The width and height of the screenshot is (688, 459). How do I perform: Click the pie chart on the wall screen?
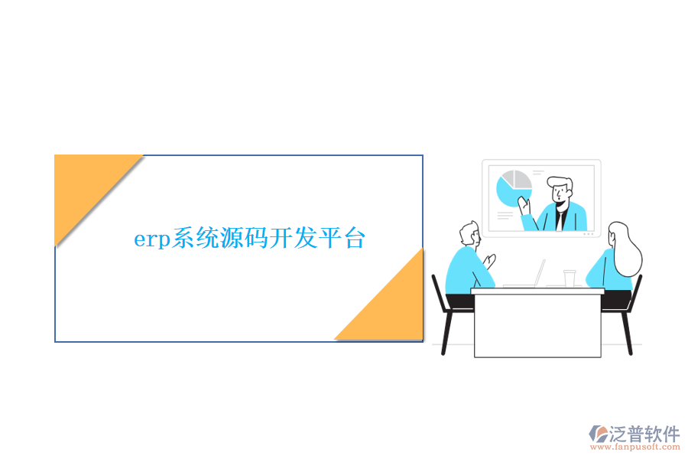coord(514,188)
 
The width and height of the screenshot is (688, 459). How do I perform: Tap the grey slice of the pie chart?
coord(522,180)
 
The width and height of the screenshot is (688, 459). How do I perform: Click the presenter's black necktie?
coord(560,220)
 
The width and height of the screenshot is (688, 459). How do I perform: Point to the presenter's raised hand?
coord(524,204)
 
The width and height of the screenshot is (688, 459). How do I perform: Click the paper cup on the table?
coord(569,278)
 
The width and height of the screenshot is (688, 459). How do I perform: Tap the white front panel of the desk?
coord(537,325)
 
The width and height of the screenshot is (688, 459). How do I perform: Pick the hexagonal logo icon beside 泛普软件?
coord(599,434)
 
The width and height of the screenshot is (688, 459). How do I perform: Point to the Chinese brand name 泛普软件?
coord(644,434)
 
